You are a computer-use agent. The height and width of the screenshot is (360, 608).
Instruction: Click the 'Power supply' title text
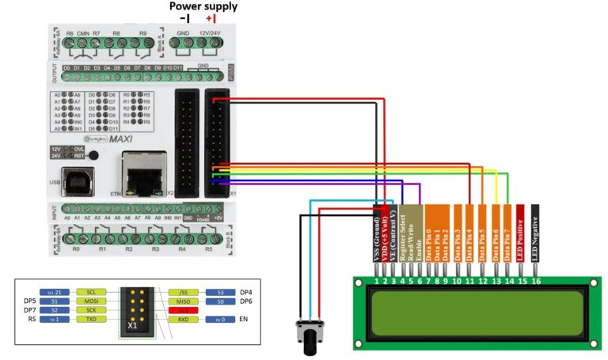[204, 7]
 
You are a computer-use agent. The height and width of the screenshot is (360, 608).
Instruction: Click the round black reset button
[94, 153]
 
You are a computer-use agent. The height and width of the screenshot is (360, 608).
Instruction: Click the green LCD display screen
[474, 312]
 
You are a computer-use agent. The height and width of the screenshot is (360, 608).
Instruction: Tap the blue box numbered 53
[219, 291]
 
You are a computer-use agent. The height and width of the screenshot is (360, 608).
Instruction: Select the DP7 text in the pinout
[30, 311]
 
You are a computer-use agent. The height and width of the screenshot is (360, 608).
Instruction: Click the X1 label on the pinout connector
[132, 325]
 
